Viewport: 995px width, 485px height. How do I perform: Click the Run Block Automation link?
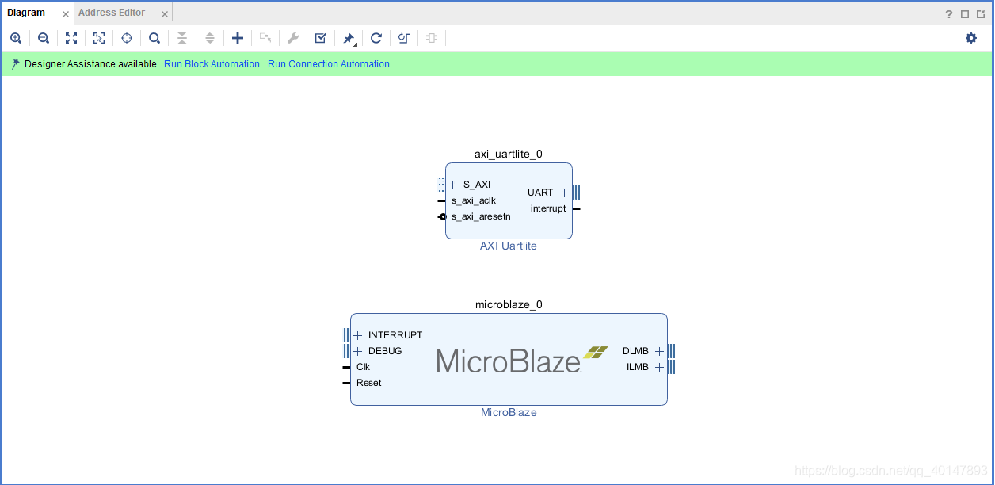[x=212, y=64]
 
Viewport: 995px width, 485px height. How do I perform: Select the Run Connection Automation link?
[x=328, y=64]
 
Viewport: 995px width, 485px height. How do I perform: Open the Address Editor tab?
[x=112, y=13]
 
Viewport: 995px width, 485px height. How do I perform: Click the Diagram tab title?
[x=26, y=13]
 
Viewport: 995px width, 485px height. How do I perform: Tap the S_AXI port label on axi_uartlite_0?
[x=477, y=185]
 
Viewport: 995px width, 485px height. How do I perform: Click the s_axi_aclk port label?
[x=474, y=200]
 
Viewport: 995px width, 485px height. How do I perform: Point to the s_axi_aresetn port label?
[x=481, y=216]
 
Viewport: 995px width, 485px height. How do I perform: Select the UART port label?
[x=540, y=193]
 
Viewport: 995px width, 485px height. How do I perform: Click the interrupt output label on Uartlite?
[x=548, y=208]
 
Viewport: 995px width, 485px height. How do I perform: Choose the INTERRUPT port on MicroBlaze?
[x=395, y=335]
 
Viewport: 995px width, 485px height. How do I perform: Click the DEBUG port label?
[x=385, y=351]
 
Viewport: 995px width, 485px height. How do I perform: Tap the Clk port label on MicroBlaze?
[x=363, y=367]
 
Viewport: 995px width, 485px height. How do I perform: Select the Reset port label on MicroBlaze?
[x=368, y=383]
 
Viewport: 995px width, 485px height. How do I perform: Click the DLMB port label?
[x=635, y=351]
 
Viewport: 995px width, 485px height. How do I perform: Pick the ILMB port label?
[x=637, y=367]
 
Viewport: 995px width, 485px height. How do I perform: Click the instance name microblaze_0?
[x=509, y=304]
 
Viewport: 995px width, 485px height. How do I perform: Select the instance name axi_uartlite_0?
[x=509, y=155]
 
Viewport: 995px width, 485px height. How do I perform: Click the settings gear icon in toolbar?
[x=971, y=38]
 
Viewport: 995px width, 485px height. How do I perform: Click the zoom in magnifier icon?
[x=16, y=38]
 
